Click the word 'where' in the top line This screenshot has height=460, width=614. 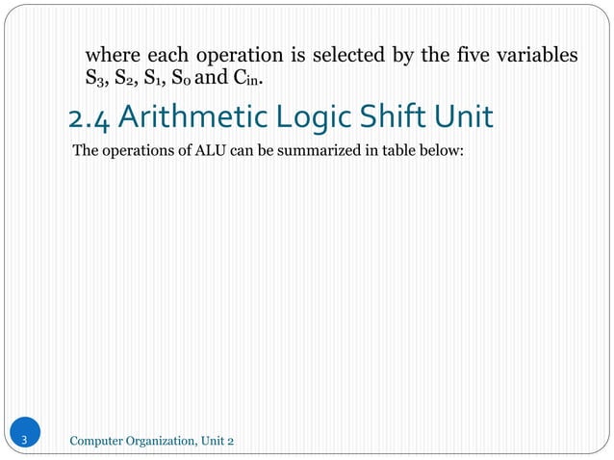click(x=112, y=54)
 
